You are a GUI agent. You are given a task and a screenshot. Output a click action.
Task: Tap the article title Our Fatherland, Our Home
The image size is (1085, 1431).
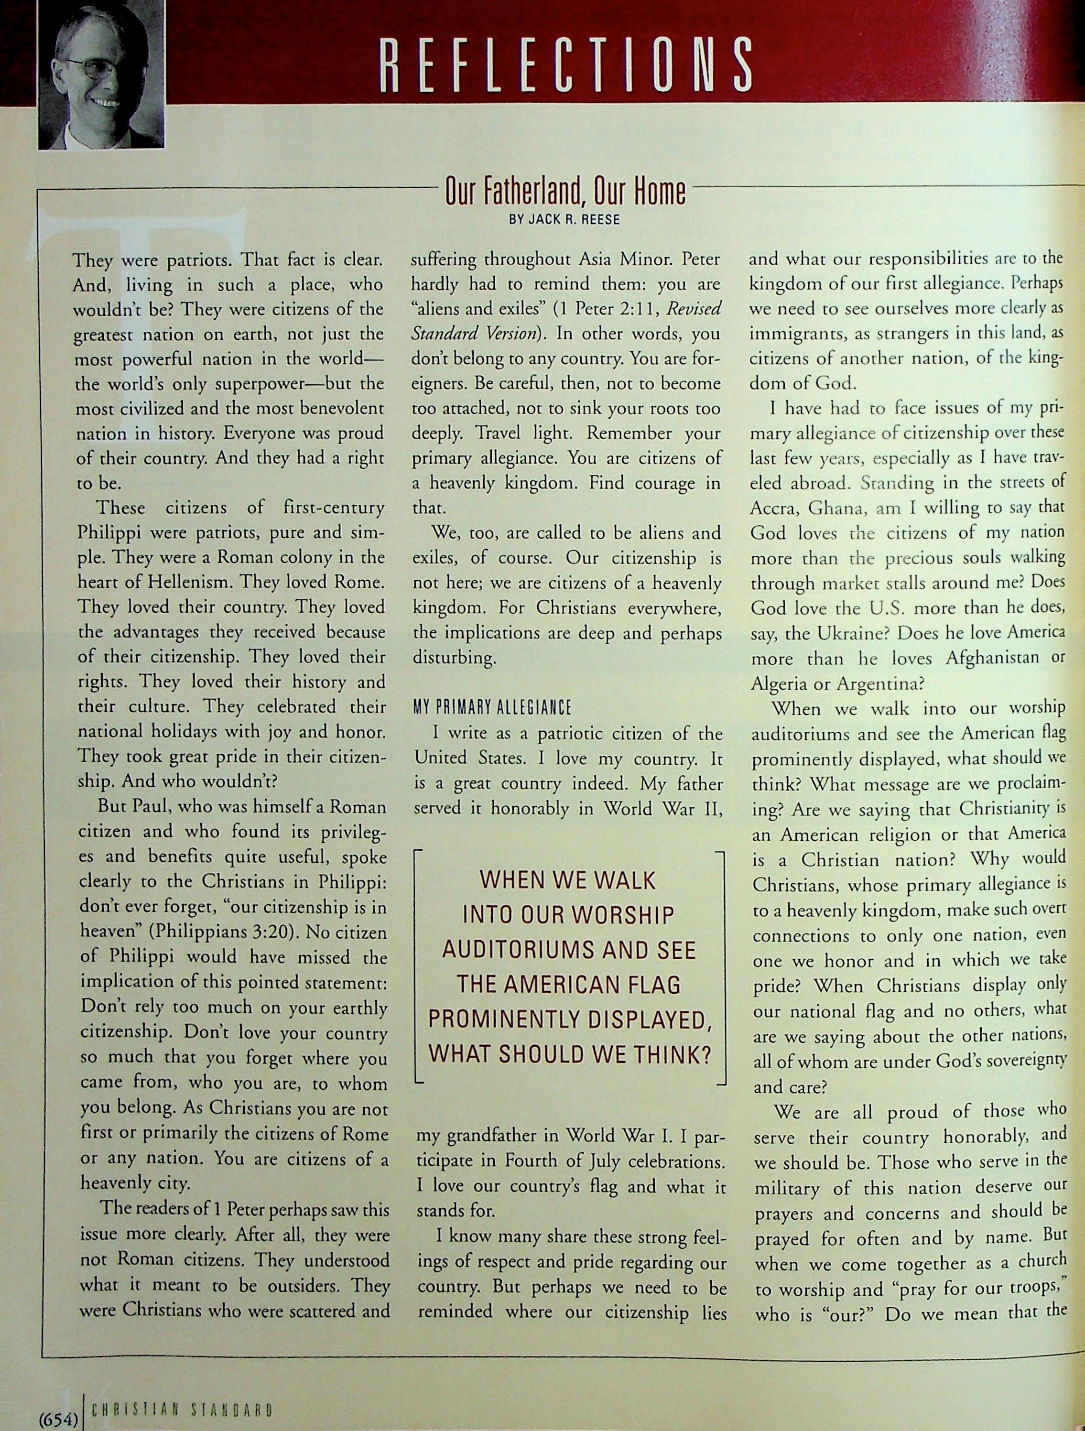(x=565, y=192)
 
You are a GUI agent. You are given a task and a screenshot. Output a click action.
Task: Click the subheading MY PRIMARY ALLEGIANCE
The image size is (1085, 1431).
(x=492, y=707)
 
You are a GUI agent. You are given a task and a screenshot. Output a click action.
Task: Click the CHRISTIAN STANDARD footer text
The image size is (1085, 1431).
(x=181, y=1411)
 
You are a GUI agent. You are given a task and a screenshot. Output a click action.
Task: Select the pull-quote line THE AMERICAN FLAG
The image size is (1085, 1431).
(x=569, y=985)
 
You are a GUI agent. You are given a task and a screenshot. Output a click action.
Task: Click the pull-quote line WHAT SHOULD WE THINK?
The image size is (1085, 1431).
(x=569, y=1054)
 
